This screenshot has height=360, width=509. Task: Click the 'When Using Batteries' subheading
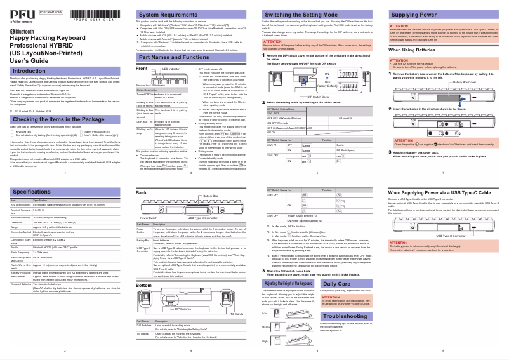pyautogui.click(x=416, y=50)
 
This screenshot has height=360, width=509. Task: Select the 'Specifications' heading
pyautogui.click(x=32, y=191)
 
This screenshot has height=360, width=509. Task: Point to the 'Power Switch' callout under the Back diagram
pyautogui.click(x=150, y=217)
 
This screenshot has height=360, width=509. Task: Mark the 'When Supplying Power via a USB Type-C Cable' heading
pyautogui.click(x=438, y=192)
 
